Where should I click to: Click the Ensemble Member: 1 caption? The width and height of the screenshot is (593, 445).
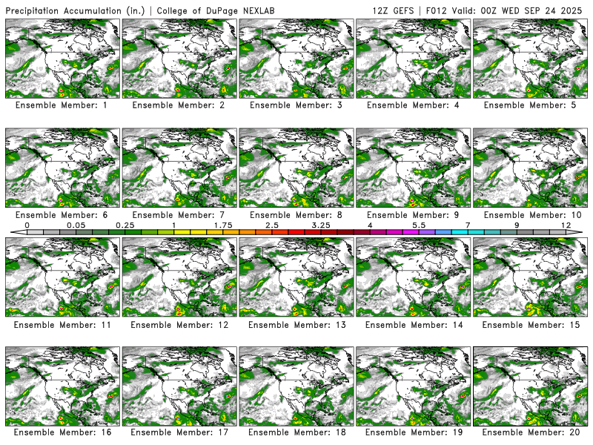62,105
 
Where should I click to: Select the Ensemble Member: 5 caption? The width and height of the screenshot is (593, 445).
531,105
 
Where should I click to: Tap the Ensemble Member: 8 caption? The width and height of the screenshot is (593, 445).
296,214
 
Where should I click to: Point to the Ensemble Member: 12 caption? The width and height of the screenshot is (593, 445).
179,323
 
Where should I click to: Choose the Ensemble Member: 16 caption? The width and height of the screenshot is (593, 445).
62,432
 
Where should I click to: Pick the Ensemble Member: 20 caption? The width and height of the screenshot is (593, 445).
531,432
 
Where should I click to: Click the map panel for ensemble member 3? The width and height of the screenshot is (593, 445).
296,59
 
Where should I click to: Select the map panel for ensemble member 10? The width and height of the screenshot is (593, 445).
531,168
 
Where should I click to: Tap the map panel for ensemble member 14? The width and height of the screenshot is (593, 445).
414,277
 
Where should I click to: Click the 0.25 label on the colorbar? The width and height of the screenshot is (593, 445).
125,225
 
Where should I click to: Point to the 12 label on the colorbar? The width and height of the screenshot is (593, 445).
566,225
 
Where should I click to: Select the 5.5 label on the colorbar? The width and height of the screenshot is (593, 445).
419,225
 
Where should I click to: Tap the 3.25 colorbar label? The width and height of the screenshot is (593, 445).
321,225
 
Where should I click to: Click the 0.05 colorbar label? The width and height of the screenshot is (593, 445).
76,225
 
